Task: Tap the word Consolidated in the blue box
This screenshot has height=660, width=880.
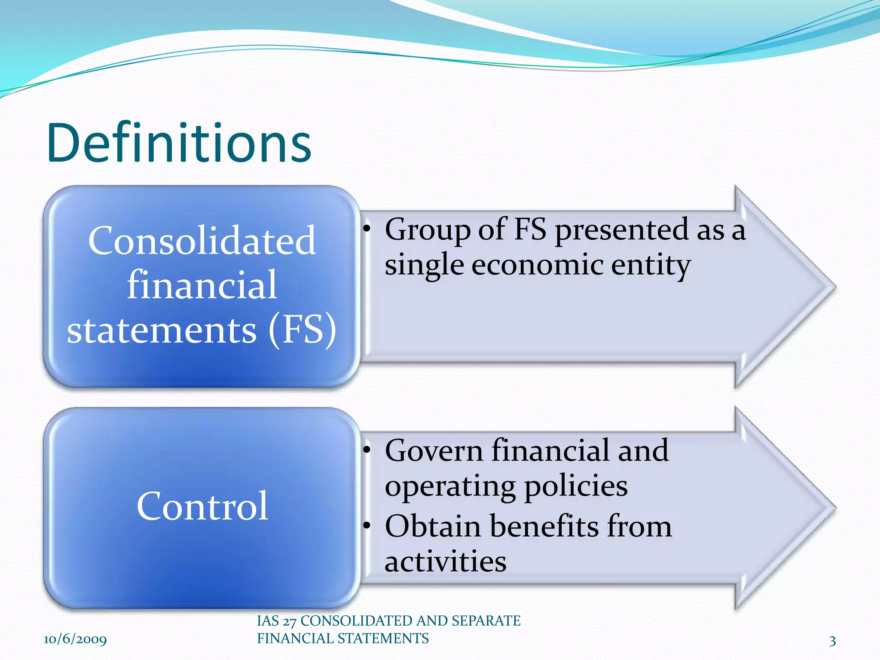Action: click(x=202, y=241)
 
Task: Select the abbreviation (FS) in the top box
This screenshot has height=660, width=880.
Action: click(x=302, y=330)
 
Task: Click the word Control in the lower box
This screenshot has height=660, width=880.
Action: click(x=202, y=506)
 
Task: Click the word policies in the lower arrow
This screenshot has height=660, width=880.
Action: click(x=576, y=487)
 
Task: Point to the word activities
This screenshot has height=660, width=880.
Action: click(x=446, y=562)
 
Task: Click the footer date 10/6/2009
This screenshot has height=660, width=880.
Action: click(x=75, y=639)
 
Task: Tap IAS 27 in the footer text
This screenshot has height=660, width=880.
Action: click(x=277, y=621)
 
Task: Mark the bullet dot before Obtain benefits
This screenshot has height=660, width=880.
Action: click(x=366, y=525)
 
